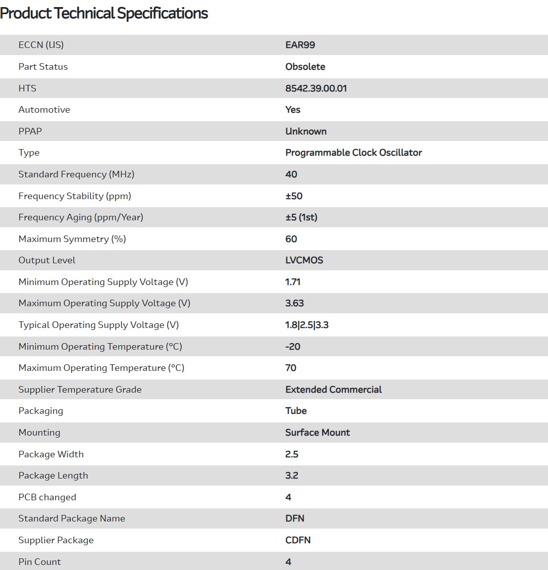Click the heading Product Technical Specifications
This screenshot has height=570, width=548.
point(104,13)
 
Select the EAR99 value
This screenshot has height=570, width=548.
point(300,45)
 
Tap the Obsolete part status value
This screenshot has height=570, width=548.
point(305,67)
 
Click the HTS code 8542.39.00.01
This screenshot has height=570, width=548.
point(316,88)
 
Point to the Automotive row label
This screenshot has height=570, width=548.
point(44,110)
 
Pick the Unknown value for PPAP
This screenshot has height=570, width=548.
point(306,131)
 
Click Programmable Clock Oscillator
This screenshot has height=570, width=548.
point(354,153)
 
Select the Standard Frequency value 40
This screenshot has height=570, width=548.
point(291,174)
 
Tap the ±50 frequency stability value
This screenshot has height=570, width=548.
point(294,196)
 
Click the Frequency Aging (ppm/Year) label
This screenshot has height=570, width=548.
point(81,217)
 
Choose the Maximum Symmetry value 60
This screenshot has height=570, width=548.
point(291,239)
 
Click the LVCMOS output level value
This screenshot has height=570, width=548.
point(304,260)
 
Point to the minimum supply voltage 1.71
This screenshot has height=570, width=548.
point(293,282)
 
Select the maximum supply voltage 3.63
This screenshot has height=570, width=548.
point(294,303)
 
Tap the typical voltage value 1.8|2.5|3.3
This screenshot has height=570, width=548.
point(307,325)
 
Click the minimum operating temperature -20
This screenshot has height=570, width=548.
point(293,347)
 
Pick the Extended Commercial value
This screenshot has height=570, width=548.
point(333,390)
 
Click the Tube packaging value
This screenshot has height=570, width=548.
point(296,411)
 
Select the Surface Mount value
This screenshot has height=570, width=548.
point(317,433)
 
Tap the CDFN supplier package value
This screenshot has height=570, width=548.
point(298,540)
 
